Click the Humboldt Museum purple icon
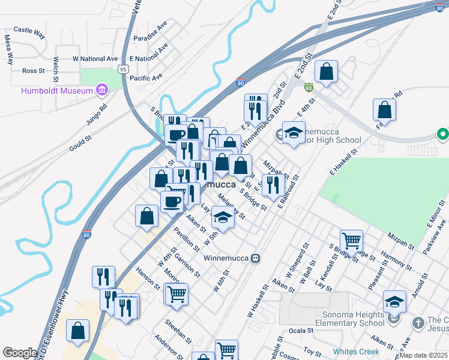(x=101, y=91)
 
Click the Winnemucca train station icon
(x=256, y=258)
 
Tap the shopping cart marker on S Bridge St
(x=351, y=241)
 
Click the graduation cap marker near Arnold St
(x=394, y=301)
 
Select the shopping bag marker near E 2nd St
(x=326, y=71)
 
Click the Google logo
(x=19, y=353)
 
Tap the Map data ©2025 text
(x=423, y=355)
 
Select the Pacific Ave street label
(x=146, y=77)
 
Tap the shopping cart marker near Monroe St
(x=176, y=294)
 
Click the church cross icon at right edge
(x=418, y=323)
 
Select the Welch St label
(x=55, y=69)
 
